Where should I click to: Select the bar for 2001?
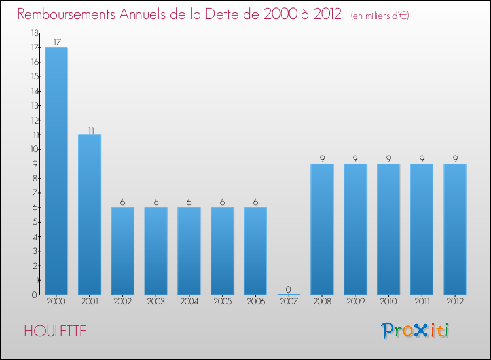pos(90,214)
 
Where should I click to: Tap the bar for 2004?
pos(189,251)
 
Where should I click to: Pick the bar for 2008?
pos(322,228)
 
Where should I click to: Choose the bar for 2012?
pos(455,228)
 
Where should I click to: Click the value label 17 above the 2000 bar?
pos(56,42)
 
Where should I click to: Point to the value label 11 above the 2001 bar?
pos(90,130)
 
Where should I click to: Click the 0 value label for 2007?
pos(289,289)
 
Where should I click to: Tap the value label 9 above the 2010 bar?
pos(389,158)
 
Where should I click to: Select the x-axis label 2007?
pos(289,302)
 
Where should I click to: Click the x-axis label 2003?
pos(156,302)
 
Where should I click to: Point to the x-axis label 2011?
pos(422,302)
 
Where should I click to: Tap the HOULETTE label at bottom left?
pos(55,331)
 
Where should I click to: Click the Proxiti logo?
pos(416,331)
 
